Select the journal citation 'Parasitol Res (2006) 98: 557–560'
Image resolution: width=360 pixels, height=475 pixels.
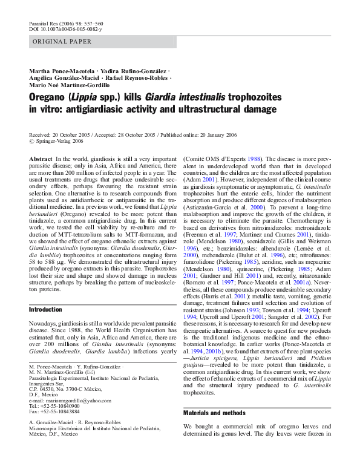pos(68,22)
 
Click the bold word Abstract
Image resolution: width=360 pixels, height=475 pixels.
pos(41,158)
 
